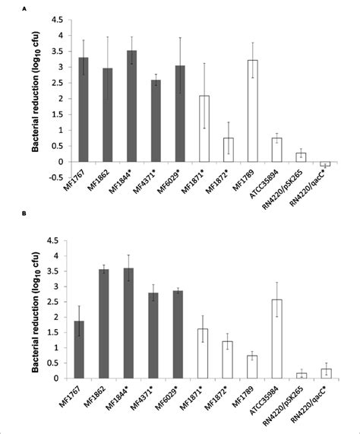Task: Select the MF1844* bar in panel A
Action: click(131, 106)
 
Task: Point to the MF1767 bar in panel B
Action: click(83, 350)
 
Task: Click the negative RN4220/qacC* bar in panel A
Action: click(326, 164)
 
